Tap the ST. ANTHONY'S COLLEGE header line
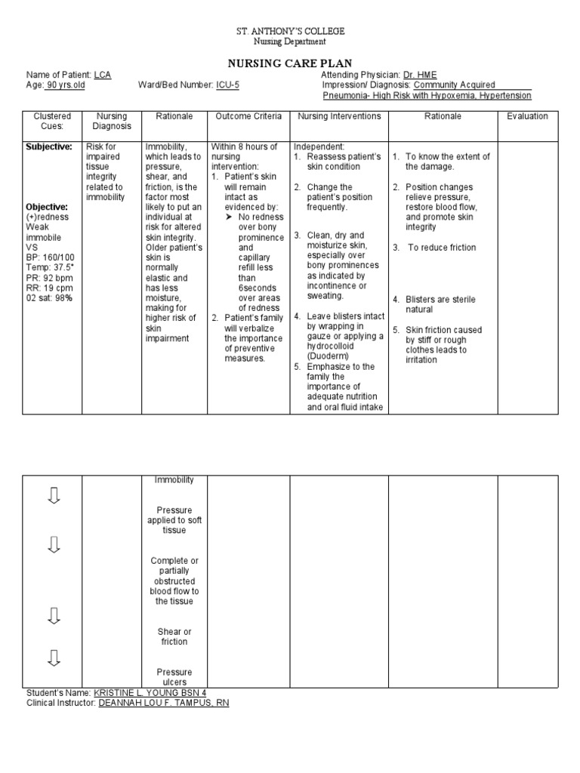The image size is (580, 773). pyautogui.click(x=290, y=31)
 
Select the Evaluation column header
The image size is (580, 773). pyautogui.click(x=527, y=116)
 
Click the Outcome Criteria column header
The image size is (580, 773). pyautogui.click(x=248, y=116)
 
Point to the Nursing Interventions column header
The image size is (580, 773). pyautogui.click(x=339, y=116)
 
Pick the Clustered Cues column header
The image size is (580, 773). pyautogui.click(x=52, y=122)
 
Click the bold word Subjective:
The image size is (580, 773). pyautogui.click(x=49, y=146)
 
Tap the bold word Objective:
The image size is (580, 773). pyautogui.click(x=47, y=207)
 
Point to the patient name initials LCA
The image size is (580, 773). pyautogui.click(x=102, y=75)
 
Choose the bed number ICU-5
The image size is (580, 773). pyautogui.click(x=227, y=85)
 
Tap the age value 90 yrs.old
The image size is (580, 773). pyautogui.click(x=66, y=85)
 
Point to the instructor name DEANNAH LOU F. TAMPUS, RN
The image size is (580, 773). pyautogui.click(x=164, y=703)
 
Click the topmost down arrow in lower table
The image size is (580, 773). pyautogui.click(x=53, y=496)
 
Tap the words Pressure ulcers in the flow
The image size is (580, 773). pyautogui.click(x=174, y=677)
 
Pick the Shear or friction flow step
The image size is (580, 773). pyautogui.click(x=174, y=636)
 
